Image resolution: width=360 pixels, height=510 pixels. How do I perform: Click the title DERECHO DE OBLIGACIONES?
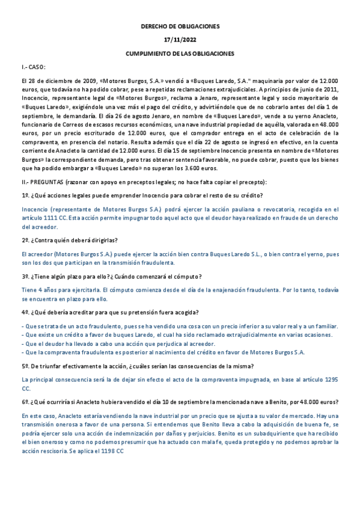tap(180, 27)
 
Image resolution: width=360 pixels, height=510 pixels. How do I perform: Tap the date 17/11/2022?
tap(180, 40)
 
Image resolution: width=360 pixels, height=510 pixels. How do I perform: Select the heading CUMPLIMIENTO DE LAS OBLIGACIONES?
tap(180, 54)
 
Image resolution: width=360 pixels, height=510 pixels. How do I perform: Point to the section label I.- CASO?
tap(34, 67)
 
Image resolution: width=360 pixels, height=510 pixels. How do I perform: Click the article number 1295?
tap(330, 380)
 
